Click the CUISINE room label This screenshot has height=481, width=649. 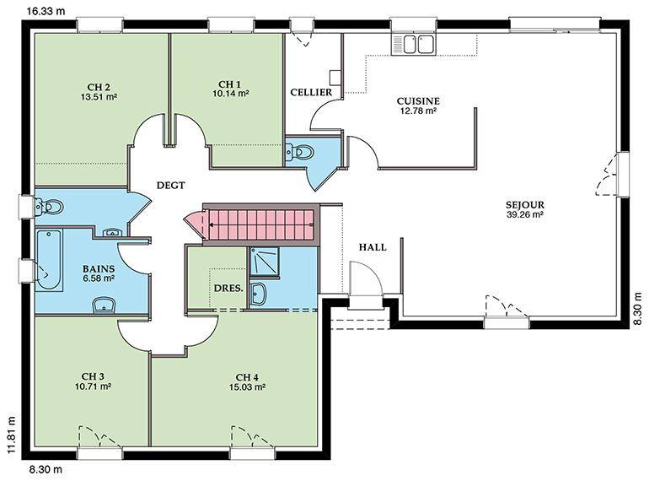click(418, 101)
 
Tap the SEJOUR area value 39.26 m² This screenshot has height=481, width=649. click(524, 214)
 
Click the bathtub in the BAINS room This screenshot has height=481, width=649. click(49, 260)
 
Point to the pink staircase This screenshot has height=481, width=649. click(260, 224)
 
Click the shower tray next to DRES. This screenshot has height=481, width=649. click(264, 261)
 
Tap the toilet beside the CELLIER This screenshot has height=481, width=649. click(301, 152)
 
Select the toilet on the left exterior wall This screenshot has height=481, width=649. click(50, 206)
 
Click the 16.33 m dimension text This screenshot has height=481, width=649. click(46, 11)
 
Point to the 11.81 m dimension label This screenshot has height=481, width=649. click(12, 435)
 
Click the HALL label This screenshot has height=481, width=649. click(373, 247)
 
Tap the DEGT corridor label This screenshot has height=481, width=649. click(170, 185)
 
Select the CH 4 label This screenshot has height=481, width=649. click(247, 377)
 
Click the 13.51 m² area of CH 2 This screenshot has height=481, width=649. click(99, 97)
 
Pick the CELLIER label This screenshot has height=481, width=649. click(311, 92)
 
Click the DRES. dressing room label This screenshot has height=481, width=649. click(228, 288)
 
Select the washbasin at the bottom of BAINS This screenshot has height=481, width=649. click(104, 305)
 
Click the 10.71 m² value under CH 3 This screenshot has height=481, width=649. click(93, 386)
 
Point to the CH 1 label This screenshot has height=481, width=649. click(230, 84)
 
